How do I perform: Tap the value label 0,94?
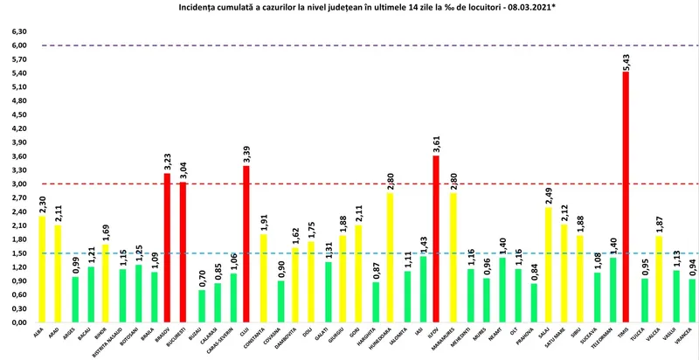[x=691, y=266]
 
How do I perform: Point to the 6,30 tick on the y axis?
[x=17, y=31]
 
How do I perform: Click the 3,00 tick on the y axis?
[x=17, y=184]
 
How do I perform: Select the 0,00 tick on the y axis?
[x=17, y=322]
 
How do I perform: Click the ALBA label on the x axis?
[x=39, y=334]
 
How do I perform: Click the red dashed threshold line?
[x=349, y=184]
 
